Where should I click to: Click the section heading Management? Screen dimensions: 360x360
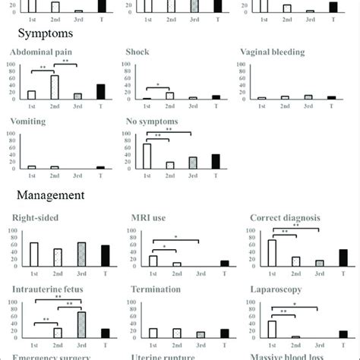tap(46, 194)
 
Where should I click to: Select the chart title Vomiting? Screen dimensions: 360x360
tap(28, 121)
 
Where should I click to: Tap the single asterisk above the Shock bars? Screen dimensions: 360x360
tap(157, 85)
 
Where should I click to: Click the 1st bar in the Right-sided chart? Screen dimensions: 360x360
tap(33, 254)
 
